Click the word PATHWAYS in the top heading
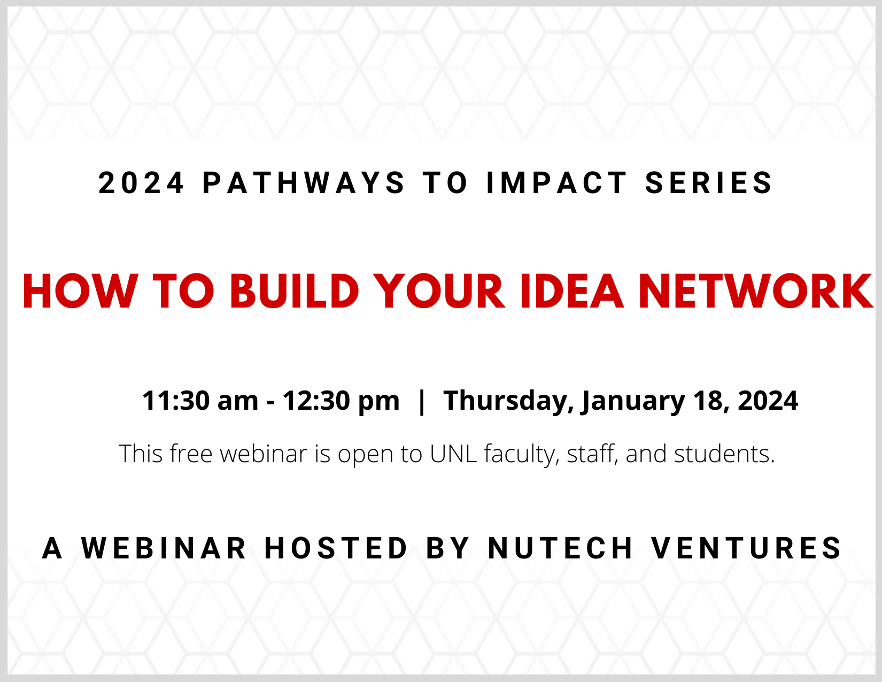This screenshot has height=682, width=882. point(304,183)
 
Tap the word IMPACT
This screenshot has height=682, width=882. point(557,183)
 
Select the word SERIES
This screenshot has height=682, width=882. point(709,183)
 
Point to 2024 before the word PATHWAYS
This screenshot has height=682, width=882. point(141,183)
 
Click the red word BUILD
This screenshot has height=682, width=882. point(295,292)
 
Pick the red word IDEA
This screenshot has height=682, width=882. point(572,292)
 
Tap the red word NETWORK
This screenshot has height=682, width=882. point(756,292)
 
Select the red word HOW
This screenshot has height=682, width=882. point(80,292)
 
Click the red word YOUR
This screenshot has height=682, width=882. point(439,292)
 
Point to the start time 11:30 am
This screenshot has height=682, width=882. point(200,401)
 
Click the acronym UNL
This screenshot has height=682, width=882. point(453,454)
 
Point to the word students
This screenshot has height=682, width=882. point(724,454)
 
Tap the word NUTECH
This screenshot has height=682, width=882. point(560,548)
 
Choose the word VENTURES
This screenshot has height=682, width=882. point(746,548)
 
